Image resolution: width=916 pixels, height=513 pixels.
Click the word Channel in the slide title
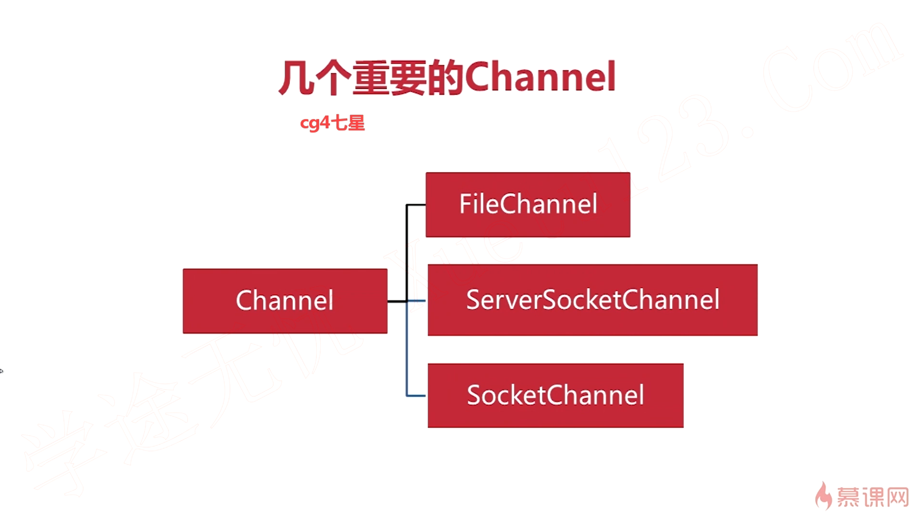click(x=540, y=77)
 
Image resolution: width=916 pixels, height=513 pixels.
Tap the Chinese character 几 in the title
click(x=296, y=78)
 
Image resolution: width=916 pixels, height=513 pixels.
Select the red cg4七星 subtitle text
click(x=332, y=123)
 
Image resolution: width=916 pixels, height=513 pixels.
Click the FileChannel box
click(x=528, y=205)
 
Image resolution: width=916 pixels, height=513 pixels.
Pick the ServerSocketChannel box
click(x=592, y=300)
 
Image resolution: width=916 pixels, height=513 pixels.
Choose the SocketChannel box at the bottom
click(x=555, y=395)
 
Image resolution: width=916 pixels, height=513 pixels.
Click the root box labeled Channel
click(x=285, y=301)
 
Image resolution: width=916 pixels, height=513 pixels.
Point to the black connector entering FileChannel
click(x=416, y=205)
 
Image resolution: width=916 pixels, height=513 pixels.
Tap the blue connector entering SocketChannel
click(x=416, y=396)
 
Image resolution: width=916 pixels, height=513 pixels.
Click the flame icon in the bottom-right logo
click(x=823, y=496)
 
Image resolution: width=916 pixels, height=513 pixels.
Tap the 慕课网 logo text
click(x=872, y=497)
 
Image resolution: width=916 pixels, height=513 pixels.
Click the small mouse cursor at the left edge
click(x=1, y=371)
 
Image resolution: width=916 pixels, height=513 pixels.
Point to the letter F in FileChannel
click(x=464, y=204)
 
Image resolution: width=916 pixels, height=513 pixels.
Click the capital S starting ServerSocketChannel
click(x=474, y=300)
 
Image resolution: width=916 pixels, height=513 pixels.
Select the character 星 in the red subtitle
click(x=356, y=123)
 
